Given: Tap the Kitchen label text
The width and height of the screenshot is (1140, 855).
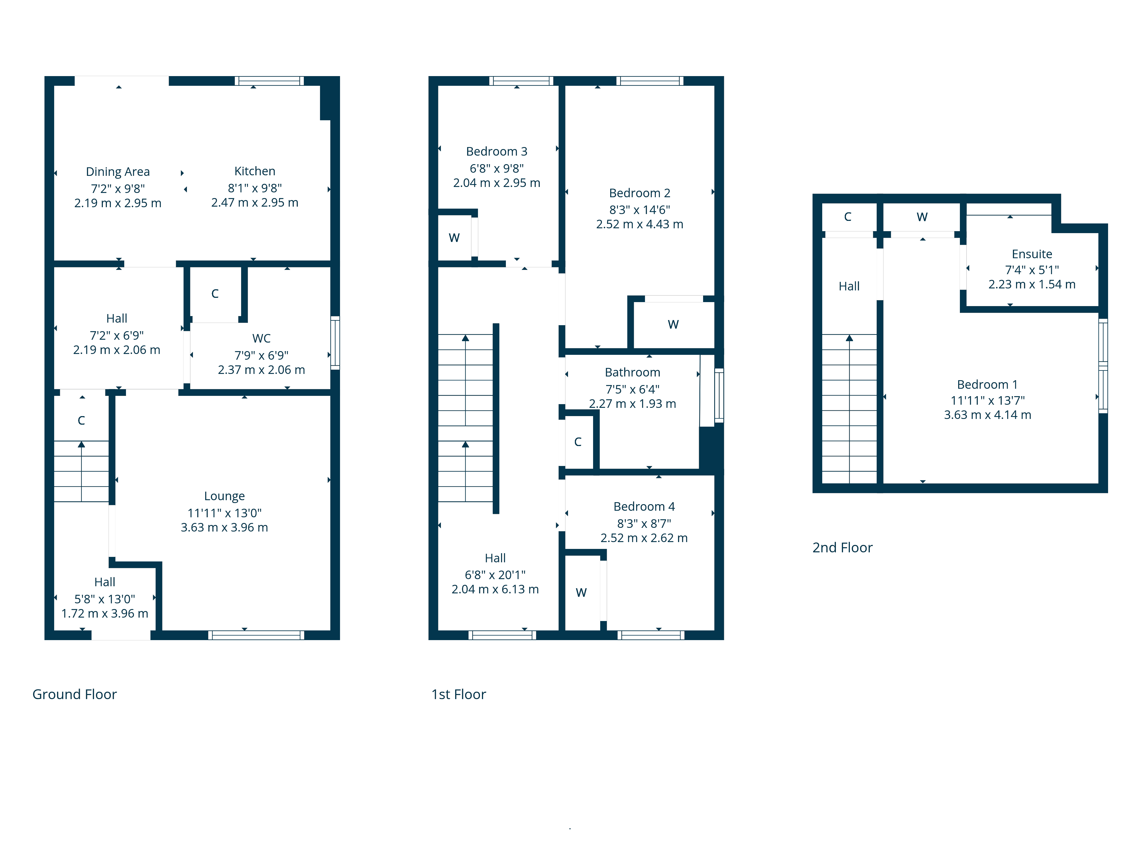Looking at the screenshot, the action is pyautogui.click(x=255, y=171).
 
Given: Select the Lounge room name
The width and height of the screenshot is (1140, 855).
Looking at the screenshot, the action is pyautogui.click(x=224, y=496).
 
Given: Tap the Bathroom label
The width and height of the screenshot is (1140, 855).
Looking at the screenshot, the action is pyautogui.click(x=632, y=372).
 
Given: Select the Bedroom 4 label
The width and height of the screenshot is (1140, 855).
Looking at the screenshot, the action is pyautogui.click(x=644, y=507).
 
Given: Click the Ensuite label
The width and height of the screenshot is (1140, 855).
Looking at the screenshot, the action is pyautogui.click(x=1032, y=254).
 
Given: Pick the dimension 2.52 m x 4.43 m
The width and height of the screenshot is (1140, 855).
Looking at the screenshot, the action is pyautogui.click(x=640, y=225).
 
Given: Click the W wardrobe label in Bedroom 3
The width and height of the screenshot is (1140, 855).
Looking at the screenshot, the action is pyautogui.click(x=454, y=238).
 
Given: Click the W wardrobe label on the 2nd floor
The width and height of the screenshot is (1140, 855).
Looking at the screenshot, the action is pyautogui.click(x=922, y=217).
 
